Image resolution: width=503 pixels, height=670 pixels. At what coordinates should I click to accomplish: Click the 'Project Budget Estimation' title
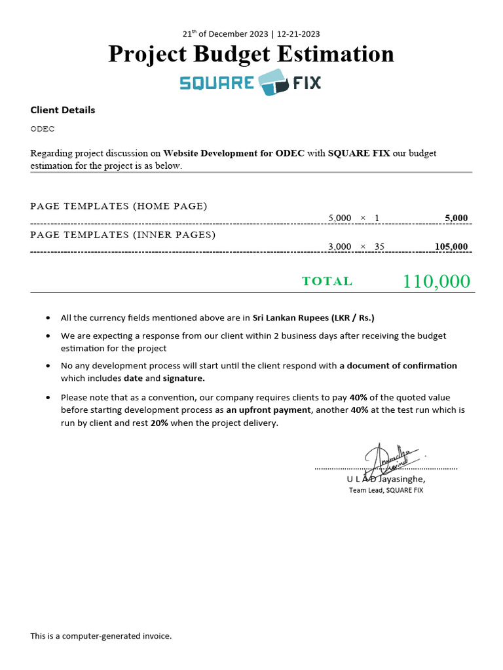click(x=251, y=54)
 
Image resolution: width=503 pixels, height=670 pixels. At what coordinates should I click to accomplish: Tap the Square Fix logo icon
click(x=273, y=82)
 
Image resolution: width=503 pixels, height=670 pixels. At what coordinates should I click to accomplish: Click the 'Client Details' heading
click(x=63, y=110)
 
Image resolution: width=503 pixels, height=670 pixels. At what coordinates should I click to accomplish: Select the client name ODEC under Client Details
click(x=43, y=129)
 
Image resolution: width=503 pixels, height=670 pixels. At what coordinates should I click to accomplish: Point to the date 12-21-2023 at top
click(x=299, y=34)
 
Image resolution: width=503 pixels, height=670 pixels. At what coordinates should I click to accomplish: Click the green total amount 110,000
click(x=436, y=281)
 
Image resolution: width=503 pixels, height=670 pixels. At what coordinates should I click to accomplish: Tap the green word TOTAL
click(x=327, y=281)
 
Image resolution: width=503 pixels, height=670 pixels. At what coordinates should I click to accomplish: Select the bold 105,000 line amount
click(x=451, y=247)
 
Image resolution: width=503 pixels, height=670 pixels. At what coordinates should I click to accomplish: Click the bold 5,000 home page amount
click(x=456, y=218)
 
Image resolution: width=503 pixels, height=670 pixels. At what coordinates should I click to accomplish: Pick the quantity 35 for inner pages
click(x=379, y=247)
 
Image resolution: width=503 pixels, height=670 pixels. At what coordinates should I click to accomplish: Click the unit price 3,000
click(x=340, y=247)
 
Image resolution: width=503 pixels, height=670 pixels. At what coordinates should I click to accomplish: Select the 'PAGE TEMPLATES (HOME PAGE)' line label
click(x=119, y=206)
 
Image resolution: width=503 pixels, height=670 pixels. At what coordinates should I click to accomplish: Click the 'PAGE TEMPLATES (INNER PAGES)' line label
click(x=123, y=234)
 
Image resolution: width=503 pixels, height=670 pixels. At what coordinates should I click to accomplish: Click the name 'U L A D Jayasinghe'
click(x=386, y=479)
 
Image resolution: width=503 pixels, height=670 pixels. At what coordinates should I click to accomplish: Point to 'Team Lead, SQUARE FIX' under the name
click(x=386, y=490)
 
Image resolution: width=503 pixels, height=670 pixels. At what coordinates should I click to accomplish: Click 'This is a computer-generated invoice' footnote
click(x=101, y=636)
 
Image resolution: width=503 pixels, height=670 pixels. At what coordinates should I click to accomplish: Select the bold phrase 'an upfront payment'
click(x=269, y=410)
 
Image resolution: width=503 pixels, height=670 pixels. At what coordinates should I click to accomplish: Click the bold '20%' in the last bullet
click(x=160, y=423)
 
